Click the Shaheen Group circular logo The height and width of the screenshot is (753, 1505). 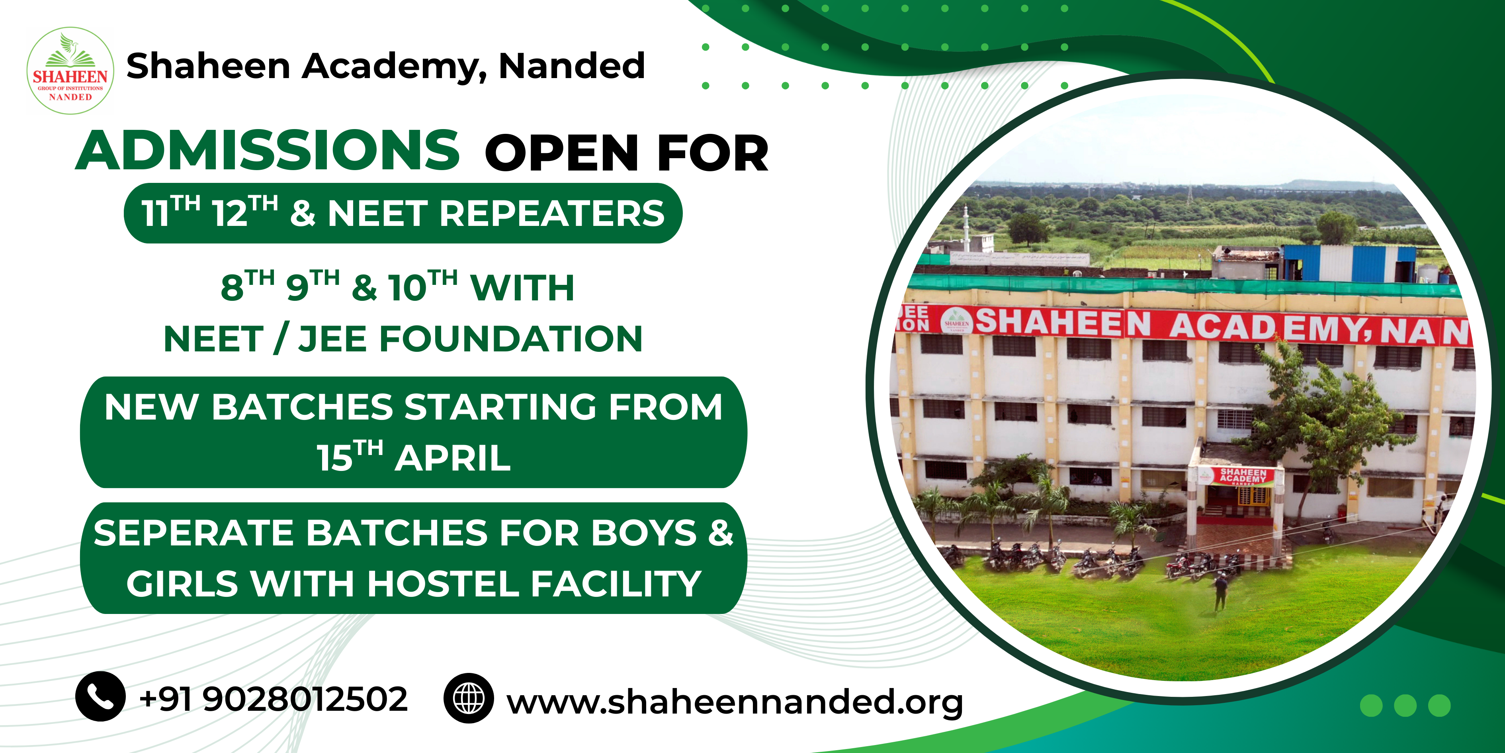pos(70,70)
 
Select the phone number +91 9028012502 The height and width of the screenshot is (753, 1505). pos(274,699)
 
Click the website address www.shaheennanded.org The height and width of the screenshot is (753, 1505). pos(735,702)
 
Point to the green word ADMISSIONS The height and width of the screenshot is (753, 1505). pos(268,151)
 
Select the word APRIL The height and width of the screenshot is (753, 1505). pos(453,458)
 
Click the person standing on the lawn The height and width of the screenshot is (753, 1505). pos(1220,590)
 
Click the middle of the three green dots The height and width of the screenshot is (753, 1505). pos(1405,705)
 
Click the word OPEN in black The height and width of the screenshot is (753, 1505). pos(561,153)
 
